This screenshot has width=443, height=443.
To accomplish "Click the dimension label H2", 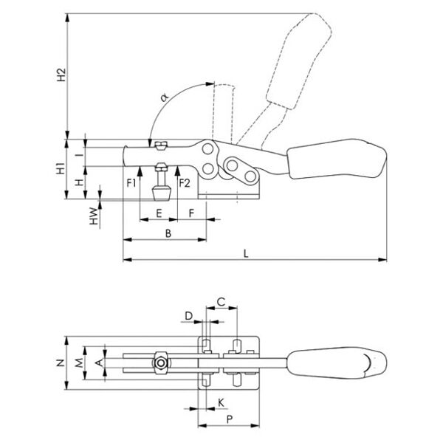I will [62, 75].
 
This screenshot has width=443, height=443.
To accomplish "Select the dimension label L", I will [246, 253].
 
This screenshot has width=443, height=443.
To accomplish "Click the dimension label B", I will [168, 233].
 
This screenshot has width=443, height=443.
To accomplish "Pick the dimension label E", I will [159, 213].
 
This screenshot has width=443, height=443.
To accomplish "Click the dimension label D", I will [189, 316].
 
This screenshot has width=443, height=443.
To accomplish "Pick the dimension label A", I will [99, 363].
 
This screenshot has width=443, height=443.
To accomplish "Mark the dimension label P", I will [229, 419].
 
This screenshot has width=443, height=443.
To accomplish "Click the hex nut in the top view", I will [159, 363].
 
